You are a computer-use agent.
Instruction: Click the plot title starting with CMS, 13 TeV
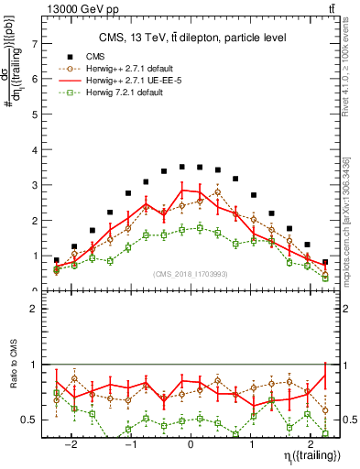coord(192,38)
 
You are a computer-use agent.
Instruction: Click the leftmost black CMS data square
coord(57,260)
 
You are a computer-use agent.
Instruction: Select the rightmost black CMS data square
coord(325,262)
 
